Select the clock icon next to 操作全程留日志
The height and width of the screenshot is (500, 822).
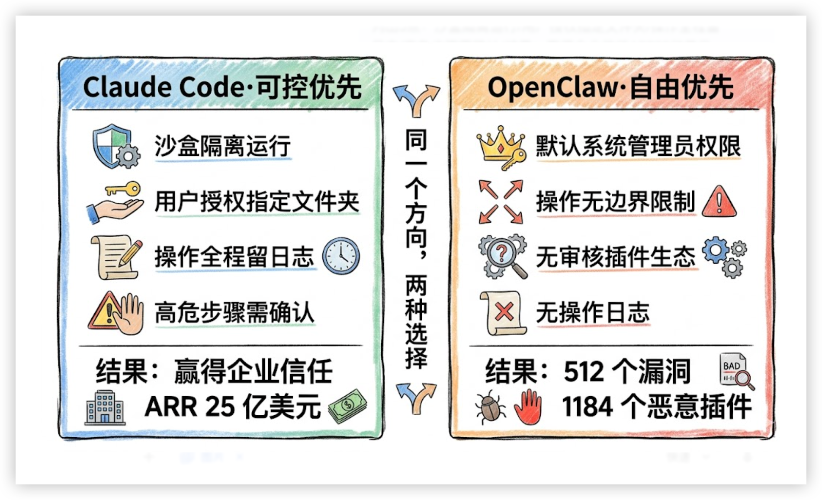(341, 256)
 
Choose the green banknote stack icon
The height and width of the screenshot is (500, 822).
(348, 405)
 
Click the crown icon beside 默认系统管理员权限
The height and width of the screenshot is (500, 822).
(500, 144)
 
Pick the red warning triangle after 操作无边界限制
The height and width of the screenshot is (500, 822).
(719, 202)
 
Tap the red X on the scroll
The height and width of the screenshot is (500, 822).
(504, 312)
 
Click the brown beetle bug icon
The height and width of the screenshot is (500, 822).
(490, 407)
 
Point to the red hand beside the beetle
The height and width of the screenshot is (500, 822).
(528, 406)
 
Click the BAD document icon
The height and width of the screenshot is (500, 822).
(734, 370)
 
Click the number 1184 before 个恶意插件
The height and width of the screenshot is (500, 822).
(587, 407)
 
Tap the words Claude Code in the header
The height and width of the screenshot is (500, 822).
(164, 87)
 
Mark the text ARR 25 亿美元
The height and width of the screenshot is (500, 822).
(232, 407)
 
